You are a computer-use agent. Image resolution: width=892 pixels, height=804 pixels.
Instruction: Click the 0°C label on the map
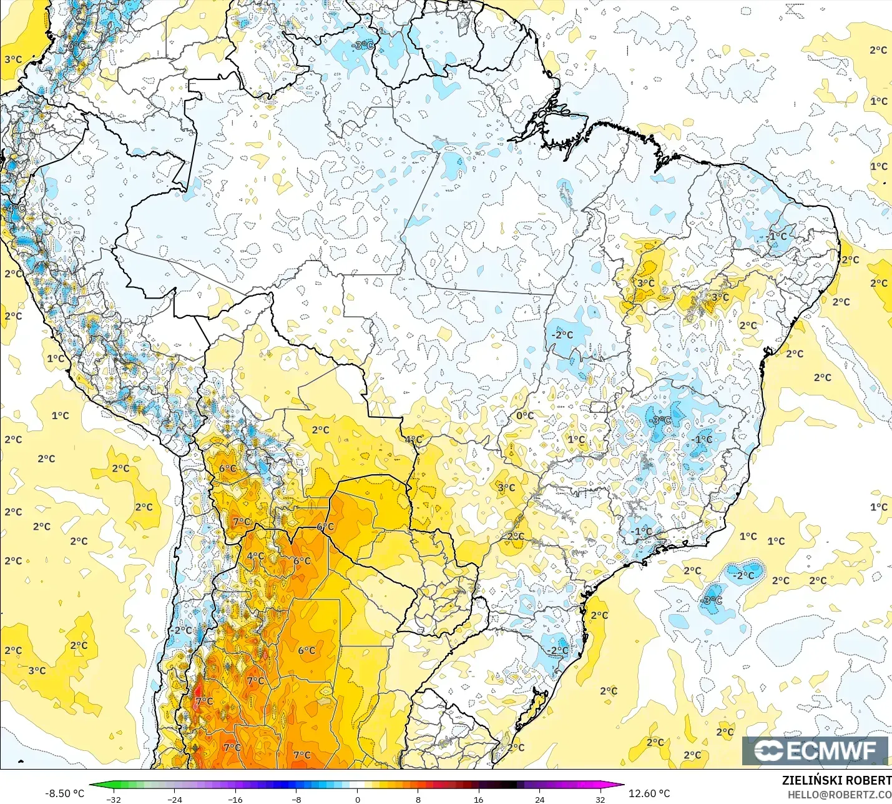point(524,415)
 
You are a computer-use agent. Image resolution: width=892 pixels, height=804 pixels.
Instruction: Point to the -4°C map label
point(15,208)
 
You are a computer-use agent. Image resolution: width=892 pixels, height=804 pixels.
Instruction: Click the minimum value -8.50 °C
point(64,793)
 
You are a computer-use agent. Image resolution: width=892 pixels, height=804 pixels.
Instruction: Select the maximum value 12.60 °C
point(649,793)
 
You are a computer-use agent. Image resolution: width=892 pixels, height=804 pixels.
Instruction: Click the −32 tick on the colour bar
point(113,799)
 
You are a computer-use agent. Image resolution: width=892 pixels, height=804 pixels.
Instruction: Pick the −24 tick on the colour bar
point(174,799)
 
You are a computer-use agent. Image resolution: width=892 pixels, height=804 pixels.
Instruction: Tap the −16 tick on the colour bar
point(235,799)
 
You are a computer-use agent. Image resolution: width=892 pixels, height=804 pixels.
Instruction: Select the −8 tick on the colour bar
point(296,799)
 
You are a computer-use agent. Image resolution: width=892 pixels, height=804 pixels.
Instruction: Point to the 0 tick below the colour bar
point(357,799)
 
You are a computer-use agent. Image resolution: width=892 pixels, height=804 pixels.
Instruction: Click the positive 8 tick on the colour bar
point(418,799)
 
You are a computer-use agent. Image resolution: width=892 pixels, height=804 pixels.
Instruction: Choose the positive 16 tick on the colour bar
point(479,799)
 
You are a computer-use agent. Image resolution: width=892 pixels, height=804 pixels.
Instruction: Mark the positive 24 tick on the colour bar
point(540,799)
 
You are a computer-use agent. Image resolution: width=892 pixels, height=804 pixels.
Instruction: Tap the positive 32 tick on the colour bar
point(600,799)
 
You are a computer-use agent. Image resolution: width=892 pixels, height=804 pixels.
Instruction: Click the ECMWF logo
point(815,750)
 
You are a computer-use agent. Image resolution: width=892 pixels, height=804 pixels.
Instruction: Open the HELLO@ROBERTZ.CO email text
point(838,795)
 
